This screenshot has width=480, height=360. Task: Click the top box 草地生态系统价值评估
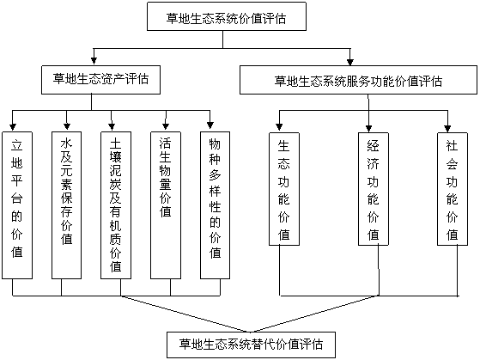pos(227,16)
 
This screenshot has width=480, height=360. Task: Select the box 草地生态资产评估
pos(100,80)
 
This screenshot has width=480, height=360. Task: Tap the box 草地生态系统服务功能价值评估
pos(358,80)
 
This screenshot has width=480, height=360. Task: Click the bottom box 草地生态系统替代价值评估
pos(251,345)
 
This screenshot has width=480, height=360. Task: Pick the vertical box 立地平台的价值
pos(17,205)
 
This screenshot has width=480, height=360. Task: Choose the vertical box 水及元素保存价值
pos(66,205)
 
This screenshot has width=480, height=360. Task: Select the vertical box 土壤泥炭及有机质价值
pos(116,205)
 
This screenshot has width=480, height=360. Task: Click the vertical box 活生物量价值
pos(166,205)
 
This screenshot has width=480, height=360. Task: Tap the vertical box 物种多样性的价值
pos(215,205)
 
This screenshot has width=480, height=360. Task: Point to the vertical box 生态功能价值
pos(284,189)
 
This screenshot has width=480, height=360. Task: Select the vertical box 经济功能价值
pos(374,189)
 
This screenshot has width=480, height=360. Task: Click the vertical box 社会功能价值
pos(453,189)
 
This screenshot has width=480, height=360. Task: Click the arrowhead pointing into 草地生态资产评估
pos(94,60)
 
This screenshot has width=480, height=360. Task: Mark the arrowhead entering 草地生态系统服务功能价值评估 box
pos(350,61)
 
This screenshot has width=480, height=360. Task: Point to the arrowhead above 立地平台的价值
pos(13,126)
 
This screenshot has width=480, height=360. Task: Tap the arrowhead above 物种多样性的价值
pos(210,125)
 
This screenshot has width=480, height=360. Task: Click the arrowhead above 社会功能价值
pos(448,128)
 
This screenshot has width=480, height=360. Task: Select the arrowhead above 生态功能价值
pos(279,126)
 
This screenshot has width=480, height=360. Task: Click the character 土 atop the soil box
pos(116,143)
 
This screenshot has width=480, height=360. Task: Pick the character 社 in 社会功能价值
pos(453,146)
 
